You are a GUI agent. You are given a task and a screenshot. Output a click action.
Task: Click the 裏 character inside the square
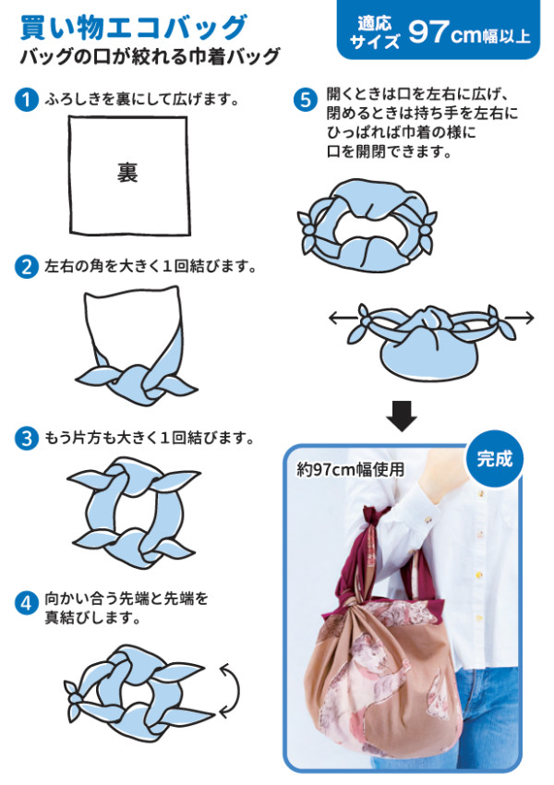pos(127,173)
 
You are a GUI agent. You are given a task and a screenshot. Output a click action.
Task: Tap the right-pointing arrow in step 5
pos(521,319)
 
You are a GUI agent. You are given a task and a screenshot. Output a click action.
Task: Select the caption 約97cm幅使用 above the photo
pos(351,469)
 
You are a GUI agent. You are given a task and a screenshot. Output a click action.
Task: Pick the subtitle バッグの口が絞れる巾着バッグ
pos(150,57)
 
